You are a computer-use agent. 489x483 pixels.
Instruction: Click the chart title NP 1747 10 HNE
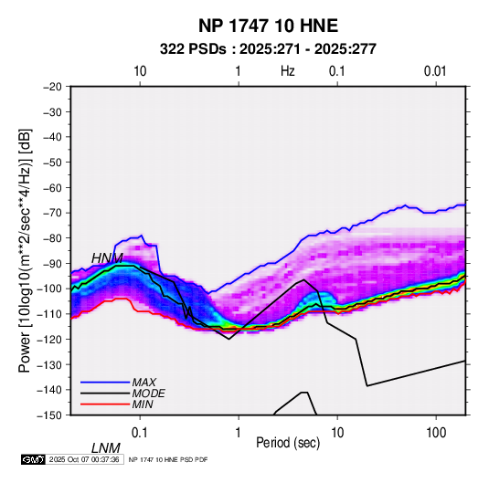268,26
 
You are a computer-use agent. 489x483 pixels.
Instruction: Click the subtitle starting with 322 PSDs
268,49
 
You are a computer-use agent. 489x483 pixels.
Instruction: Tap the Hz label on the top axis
288,71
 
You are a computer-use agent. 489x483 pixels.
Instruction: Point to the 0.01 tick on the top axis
435,71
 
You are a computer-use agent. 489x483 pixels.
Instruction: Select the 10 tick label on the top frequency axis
140,71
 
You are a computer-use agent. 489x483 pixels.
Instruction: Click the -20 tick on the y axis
52,87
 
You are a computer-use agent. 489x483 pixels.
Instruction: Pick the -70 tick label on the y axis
52,213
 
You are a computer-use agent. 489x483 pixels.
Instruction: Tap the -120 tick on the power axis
49,339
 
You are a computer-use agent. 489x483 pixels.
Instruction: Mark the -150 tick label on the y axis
49,415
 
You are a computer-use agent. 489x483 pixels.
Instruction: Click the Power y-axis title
25,250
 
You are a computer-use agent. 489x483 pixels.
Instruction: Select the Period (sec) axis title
288,443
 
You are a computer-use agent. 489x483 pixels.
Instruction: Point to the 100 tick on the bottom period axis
436,433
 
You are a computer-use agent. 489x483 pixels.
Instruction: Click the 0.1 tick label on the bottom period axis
140,433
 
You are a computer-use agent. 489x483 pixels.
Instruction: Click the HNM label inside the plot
107,258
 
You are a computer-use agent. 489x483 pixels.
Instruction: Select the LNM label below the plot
106,448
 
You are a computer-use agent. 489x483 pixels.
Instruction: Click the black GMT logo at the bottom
34,459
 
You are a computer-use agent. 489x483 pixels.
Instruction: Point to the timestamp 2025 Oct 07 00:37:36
84,459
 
